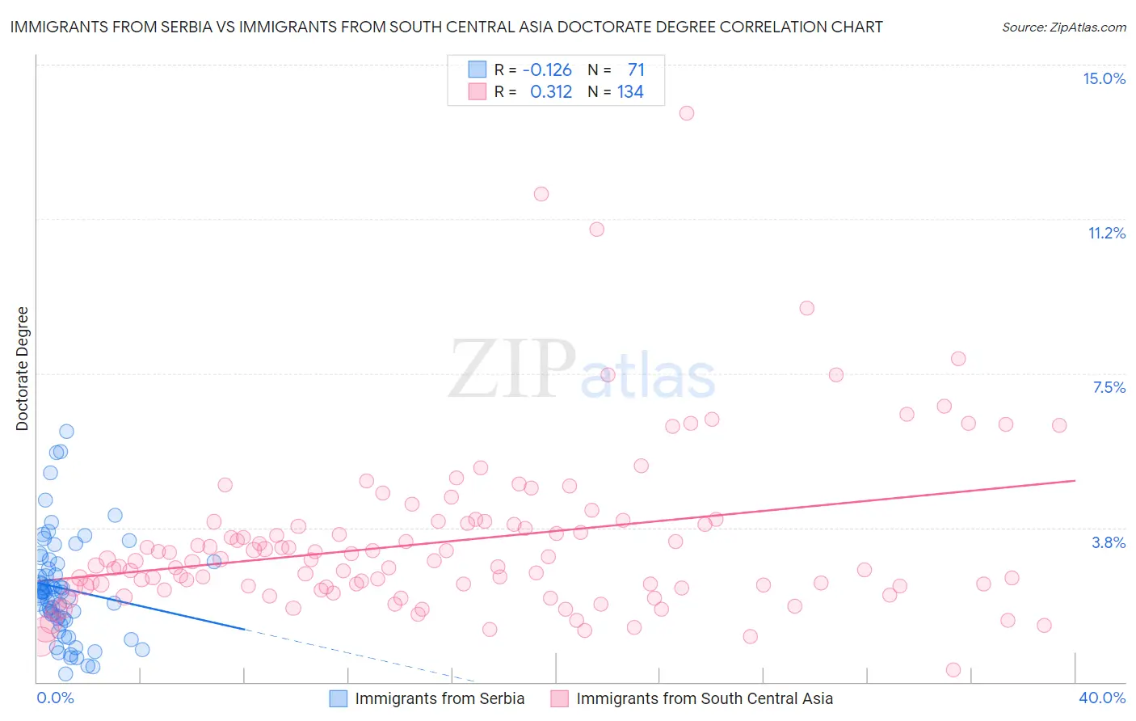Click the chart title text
pyautogui.click(x=446, y=27)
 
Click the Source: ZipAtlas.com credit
pyautogui.click(x=1063, y=27)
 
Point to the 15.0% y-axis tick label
pyautogui.click(x=1104, y=78)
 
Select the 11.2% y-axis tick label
pyautogui.click(x=1106, y=233)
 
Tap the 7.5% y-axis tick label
pyautogui.click(x=1109, y=387)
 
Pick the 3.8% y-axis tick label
pyautogui.click(x=1109, y=542)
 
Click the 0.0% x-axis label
pyautogui.click(x=55, y=698)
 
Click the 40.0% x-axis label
pyautogui.click(x=1101, y=698)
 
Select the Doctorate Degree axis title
pyautogui.click(x=22, y=369)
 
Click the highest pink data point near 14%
pyautogui.click(x=687, y=113)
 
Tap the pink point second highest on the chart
pyautogui.click(x=541, y=194)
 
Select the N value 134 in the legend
pyautogui.click(x=630, y=92)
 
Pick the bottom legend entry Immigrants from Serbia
pyautogui.click(x=439, y=698)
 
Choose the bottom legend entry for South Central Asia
pyautogui.click(x=704, y=698)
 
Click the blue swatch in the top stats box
pyautogui.click(x=478, y=70)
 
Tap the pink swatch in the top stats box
pyautogui.click(x=478, y=91)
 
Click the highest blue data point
pyautogui.click(x=66, y=432)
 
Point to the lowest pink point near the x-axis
pyautogui.click(x=953, y=669)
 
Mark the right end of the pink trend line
pyautogui.click(x=1075, y=480)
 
